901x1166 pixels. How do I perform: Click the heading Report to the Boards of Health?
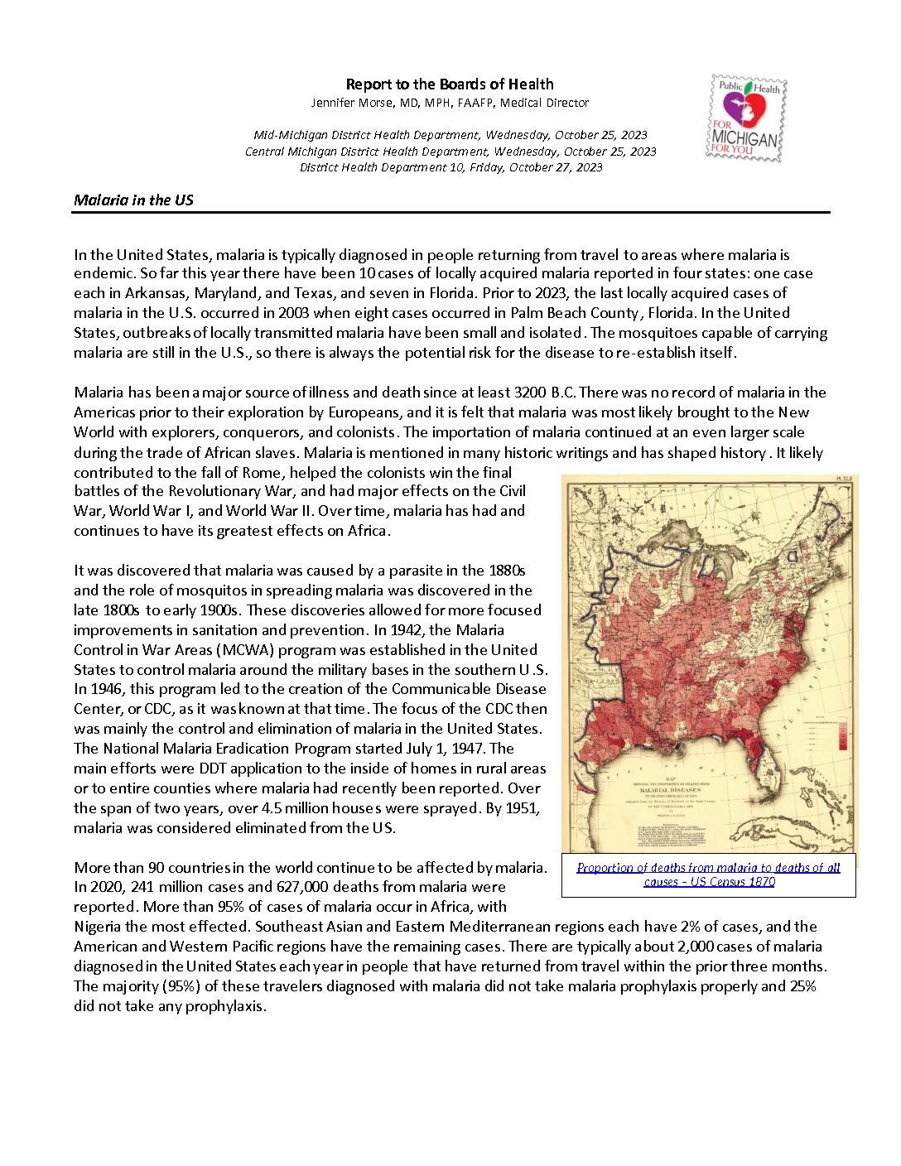point(449,84)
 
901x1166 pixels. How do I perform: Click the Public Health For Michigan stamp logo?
point(746,118)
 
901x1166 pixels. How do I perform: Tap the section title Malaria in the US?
point(133,200)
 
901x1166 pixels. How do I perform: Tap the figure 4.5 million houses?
point(320,808)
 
